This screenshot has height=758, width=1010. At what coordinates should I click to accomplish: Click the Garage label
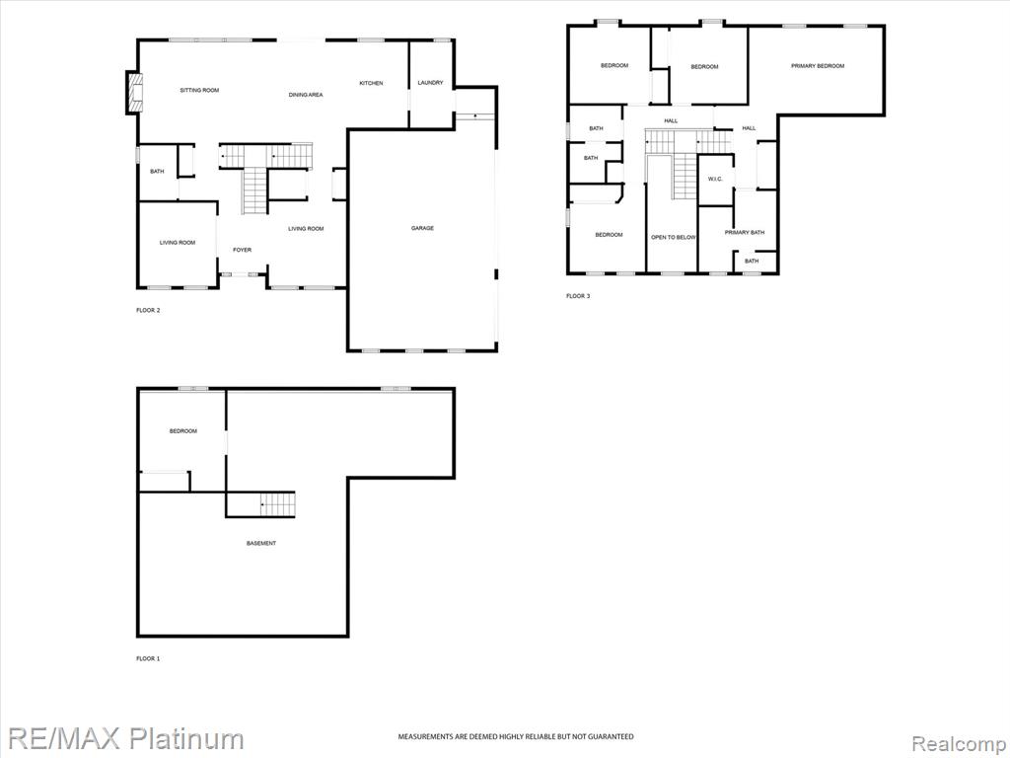[x=422, y=228]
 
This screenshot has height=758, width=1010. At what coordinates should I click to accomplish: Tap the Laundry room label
[x=430, y=83]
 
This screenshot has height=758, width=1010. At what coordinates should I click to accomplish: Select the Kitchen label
[x=371, y=83]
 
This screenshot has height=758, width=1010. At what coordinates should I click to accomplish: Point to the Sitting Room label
[x=199, y=90]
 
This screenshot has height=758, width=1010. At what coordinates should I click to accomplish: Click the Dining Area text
[x=306, y=95]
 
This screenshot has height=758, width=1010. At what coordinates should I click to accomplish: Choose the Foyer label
[x=243, y=250]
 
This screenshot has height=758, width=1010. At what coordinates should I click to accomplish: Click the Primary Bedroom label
[x=818, y=66]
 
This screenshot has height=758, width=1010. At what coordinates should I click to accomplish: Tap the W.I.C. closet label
[x=716, y=179]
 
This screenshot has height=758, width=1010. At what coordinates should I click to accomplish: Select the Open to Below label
[x=673, y=238]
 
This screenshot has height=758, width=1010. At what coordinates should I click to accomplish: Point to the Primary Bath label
[x=745, y=232]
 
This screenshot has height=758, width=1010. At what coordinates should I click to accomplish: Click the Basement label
[x=261, y=544]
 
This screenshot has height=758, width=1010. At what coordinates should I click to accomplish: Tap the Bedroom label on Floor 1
[x=182, y=431]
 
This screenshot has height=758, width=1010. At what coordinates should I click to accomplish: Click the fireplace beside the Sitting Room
[x=134, y=93]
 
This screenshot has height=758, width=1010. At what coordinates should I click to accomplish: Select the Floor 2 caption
[x=148, y=311]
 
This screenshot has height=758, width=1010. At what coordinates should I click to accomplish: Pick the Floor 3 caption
[x=578, y=296]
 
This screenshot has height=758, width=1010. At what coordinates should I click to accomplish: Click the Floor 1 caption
[x=148, y=658]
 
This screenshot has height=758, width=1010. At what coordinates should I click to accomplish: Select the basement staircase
[x=277, y=504]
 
